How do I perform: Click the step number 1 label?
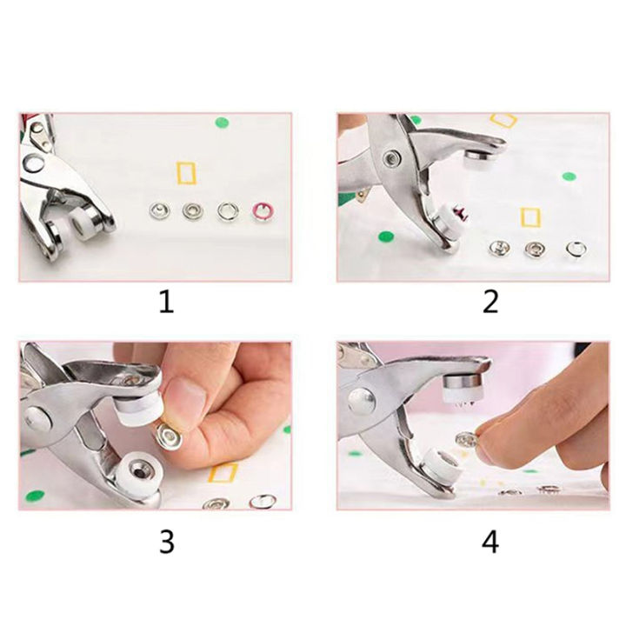pyautogui.click(x=165, y=303)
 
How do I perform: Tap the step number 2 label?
pyautogui.click(x=489, y=303)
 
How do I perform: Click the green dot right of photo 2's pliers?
pyautogui.click(x=569, y=176)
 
